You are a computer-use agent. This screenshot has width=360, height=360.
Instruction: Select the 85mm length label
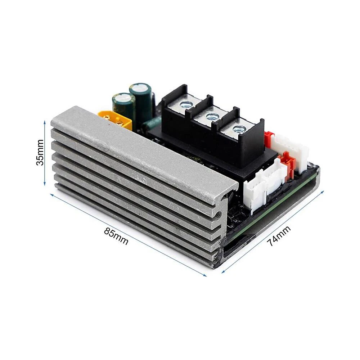point(116,236)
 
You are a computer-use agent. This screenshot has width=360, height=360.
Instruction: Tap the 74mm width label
point(279,236)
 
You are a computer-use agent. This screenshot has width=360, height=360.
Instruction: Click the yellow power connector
point(115,120)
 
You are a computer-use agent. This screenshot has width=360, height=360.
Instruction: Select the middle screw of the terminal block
point(210,117)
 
